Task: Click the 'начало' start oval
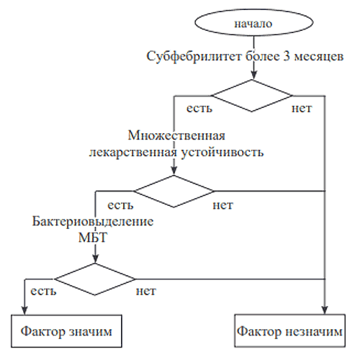[253, 23]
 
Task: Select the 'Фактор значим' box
[66, 331]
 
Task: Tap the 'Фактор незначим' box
[289, 330]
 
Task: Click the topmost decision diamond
[252, 96]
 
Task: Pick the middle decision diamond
[174, 192]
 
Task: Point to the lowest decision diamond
[95, 279]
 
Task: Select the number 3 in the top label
[287, 57]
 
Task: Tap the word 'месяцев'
[319, 58]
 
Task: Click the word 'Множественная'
[176, 135]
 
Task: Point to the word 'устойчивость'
[222, 153]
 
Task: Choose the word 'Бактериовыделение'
[93, 221]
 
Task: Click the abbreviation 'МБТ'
[93, 238]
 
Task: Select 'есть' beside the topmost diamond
[199, 109]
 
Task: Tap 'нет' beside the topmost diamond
[302, 109]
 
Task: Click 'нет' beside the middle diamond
[223, 206]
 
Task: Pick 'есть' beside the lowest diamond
[43, 291]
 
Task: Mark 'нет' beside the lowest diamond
[146, 291]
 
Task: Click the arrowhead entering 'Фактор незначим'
[325, 310]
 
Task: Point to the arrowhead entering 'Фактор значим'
[24, 310]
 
